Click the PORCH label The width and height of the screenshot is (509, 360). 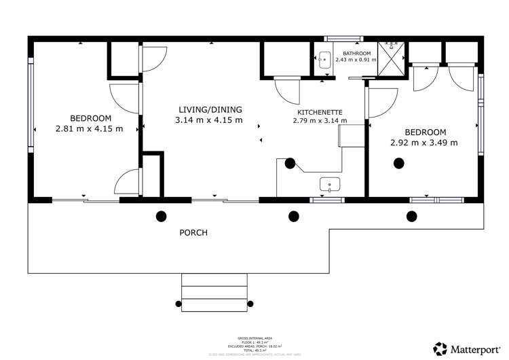tap(193, 233)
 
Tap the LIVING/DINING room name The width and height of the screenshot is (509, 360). tap(210, 109)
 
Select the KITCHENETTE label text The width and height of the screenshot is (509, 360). tap(320, 111)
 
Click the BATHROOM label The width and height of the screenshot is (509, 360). tap(356, 53)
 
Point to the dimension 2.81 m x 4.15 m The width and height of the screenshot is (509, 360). tap(89, 128)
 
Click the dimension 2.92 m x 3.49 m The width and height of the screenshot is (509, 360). tap(424, 143)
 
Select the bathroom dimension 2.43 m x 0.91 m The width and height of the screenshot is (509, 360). tap(356, 60)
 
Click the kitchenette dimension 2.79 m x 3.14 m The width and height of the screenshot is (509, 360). tap(320, 121)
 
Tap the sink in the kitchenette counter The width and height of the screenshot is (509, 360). tap(331, 184)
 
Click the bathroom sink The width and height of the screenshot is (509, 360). tap(323, 59)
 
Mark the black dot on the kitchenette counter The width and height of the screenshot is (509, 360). tap(290, 163)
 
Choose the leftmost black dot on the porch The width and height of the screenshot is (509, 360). tap(162, 217)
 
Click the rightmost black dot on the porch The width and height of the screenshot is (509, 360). tap(411, 217)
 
